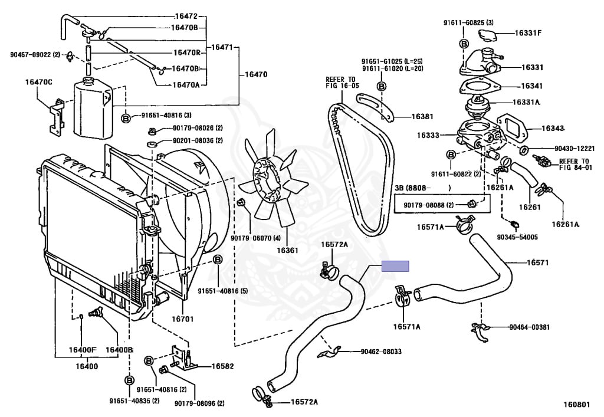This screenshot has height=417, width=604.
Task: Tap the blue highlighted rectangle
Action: pyautogui.click(x=395, y=266)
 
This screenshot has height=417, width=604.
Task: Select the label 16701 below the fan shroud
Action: pyautogui.click(x=182, y=319)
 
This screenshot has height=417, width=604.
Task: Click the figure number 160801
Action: pyautogui.click(x=576, y=405)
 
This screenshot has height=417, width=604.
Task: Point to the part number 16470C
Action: pyautogui.click(x=38, y=81)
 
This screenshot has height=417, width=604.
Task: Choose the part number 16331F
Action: pyautogui.click(x=527, y=33)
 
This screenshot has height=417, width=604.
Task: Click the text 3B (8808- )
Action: pyautogui.click(x=422, y=188)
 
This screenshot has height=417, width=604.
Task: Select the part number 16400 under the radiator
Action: pyautogui.click(x=87, y=366)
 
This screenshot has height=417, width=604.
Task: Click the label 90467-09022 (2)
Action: pyautogui.click(x=35, y=55)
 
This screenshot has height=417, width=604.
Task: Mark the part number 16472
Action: pyautogui.click(x=186, y=15)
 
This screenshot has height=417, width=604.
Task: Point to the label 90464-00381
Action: pyautogui.click(x=528, y=327)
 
